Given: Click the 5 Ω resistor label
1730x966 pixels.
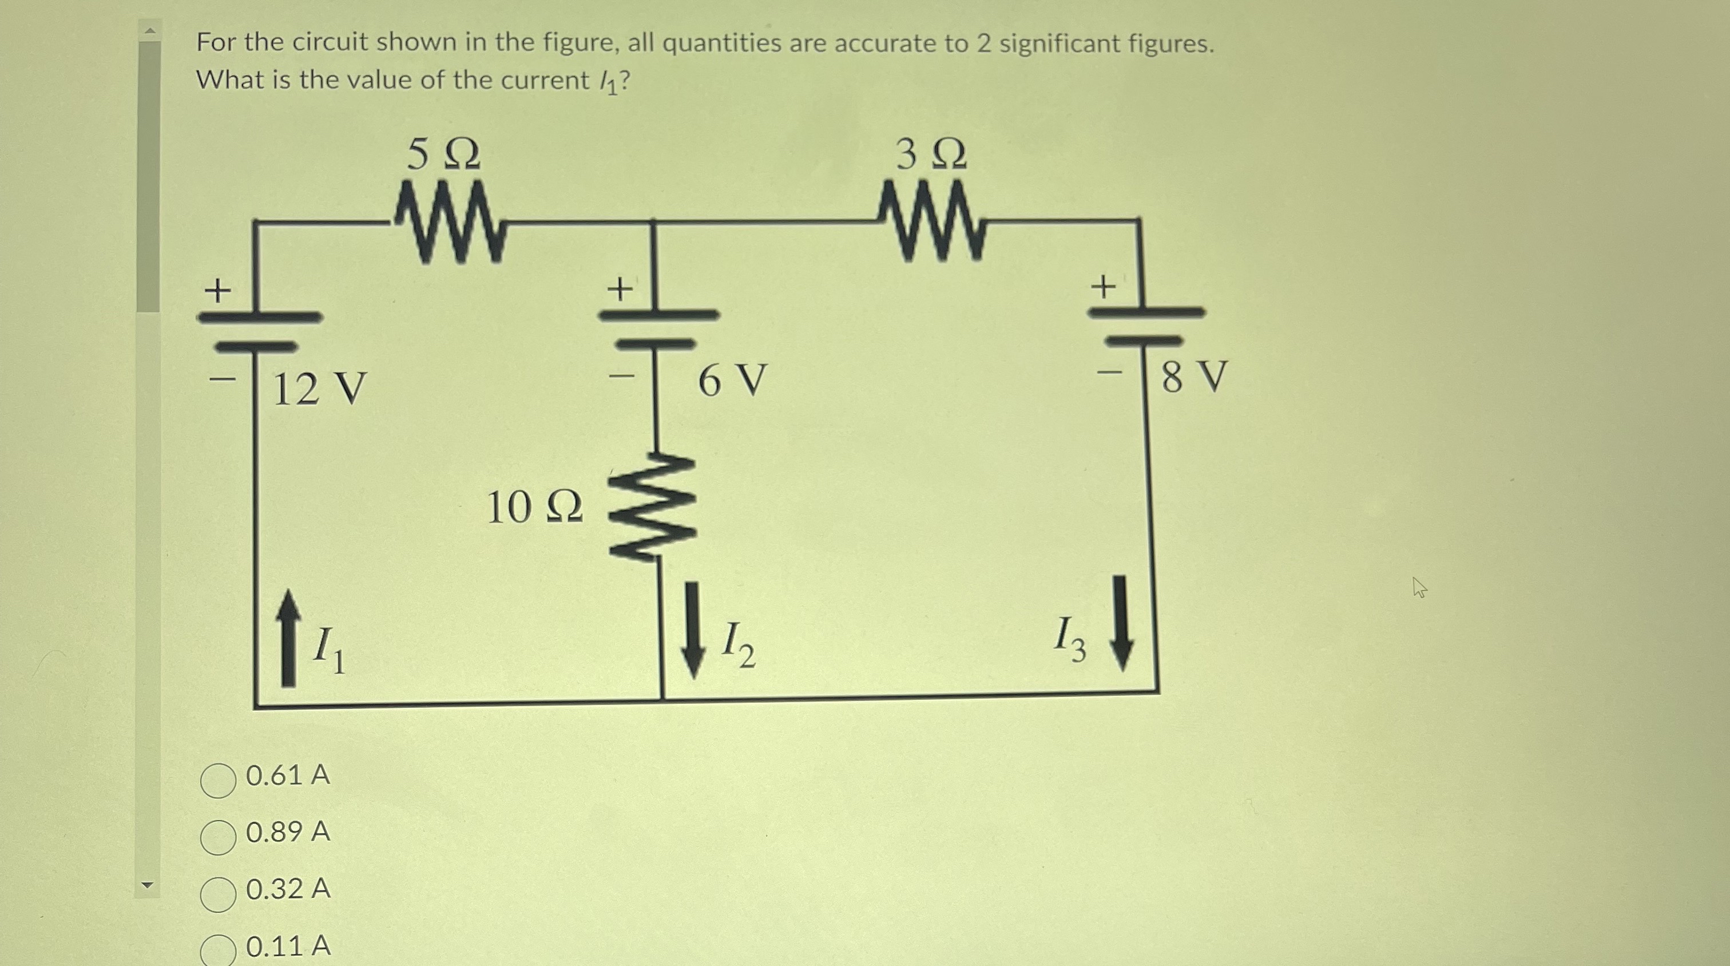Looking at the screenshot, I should (443, 155).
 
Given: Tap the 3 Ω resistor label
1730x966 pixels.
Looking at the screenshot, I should (931, 155).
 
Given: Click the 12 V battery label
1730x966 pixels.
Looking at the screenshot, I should (320, 389).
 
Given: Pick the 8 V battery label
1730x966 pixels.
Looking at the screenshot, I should (1194, 376).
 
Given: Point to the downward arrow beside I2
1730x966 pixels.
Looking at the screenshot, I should (692, 630).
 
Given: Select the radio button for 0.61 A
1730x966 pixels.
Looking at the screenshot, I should (219, 780).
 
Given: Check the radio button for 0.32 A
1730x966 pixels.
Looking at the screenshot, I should (219, 894).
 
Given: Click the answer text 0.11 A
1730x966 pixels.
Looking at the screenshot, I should (288, 946).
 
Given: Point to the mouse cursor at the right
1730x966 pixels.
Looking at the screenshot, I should (1419, 588).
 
